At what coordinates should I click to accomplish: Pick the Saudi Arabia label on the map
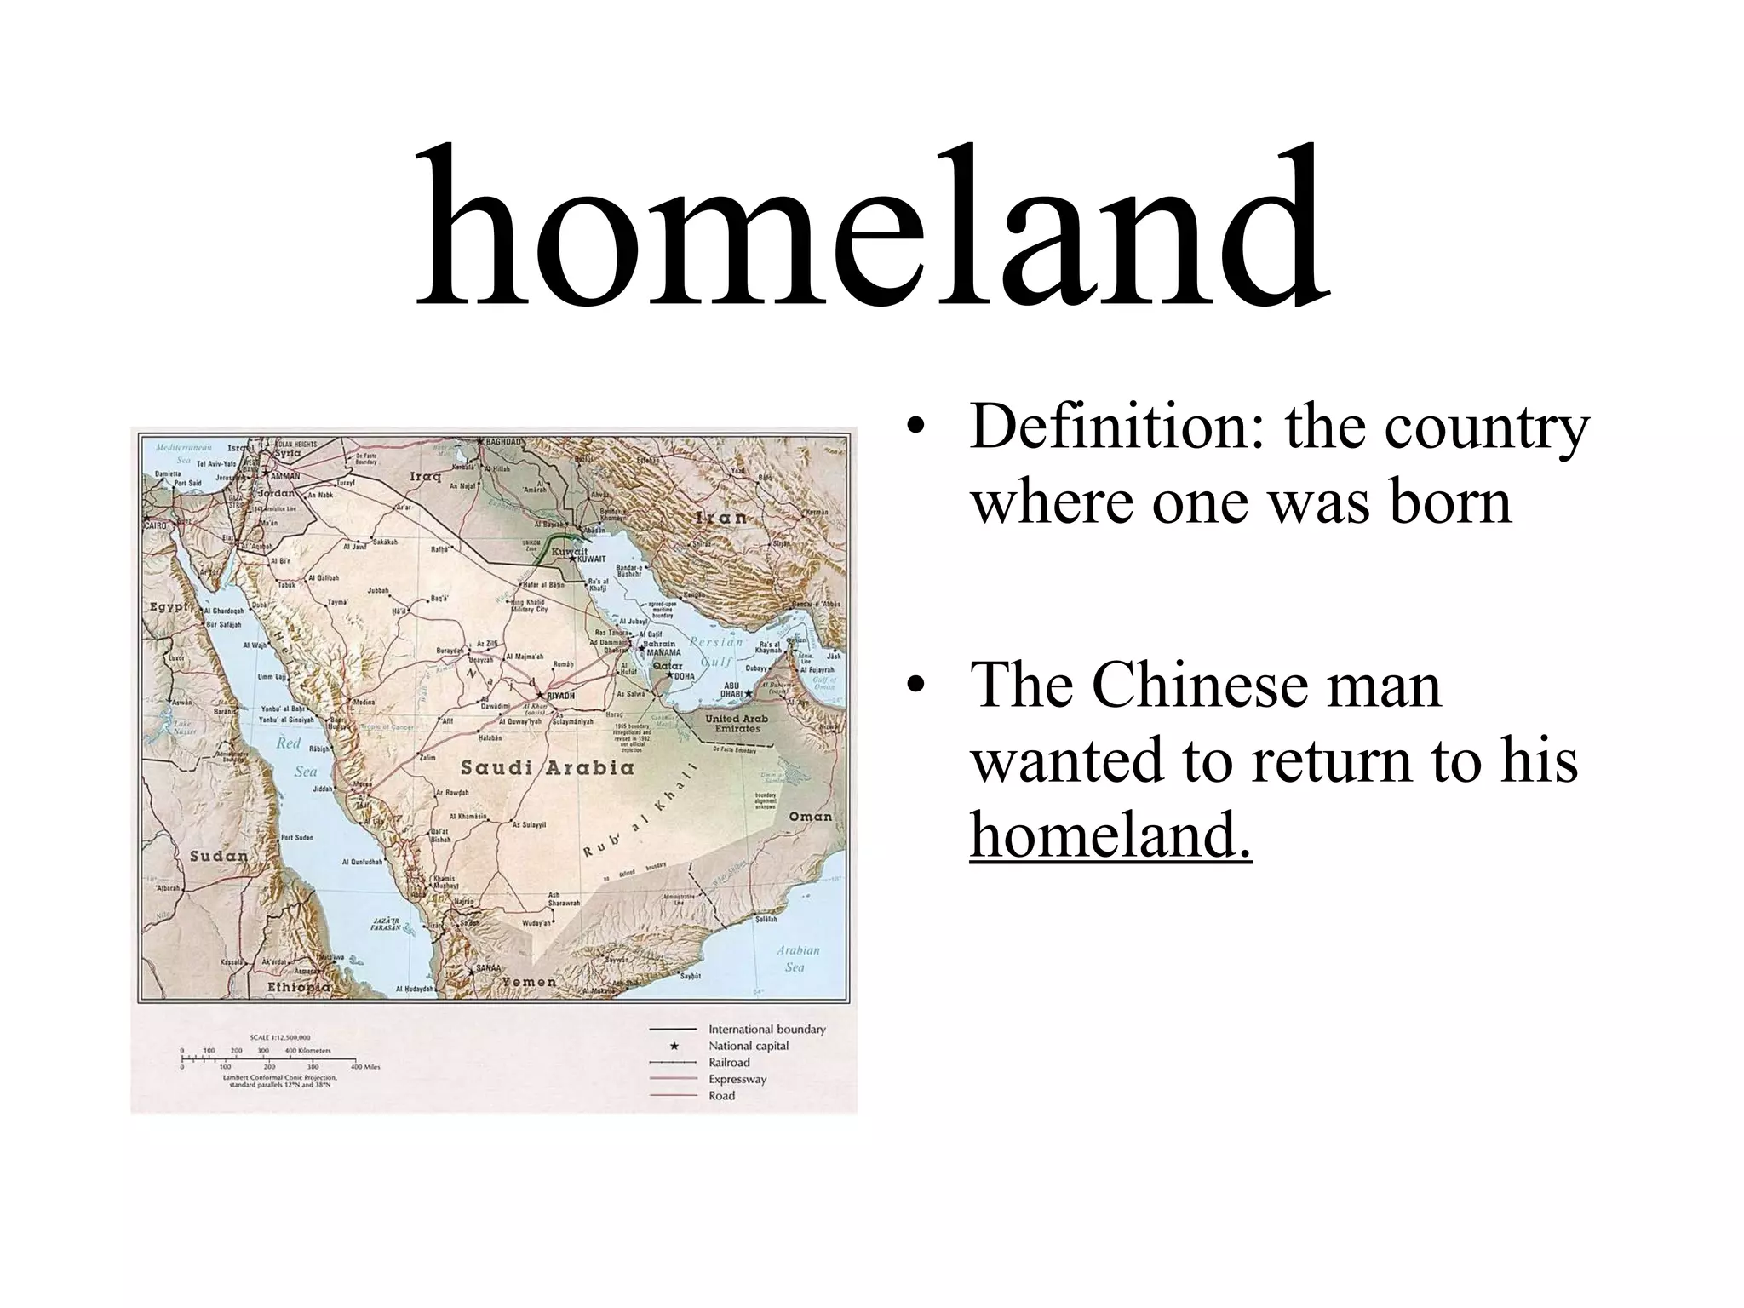tap(548, 768)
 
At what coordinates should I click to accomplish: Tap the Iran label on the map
tap(721, 517)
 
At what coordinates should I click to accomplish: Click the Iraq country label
tap(425, 476)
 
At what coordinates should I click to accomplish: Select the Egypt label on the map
tap(169, 607)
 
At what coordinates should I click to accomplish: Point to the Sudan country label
tap(217, 856)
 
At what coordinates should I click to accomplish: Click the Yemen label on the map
tap(528, 981)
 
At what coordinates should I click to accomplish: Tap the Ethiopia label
tap(298, 986)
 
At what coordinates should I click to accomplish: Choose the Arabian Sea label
tap(797, 958)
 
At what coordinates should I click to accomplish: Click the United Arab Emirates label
tap(737, 723)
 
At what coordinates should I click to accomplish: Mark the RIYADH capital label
tap(560, 696)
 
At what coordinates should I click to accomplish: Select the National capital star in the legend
tap(674, 1046)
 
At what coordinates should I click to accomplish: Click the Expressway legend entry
tap(737, 1079)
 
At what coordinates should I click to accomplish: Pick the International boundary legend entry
tap(766, 1029)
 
